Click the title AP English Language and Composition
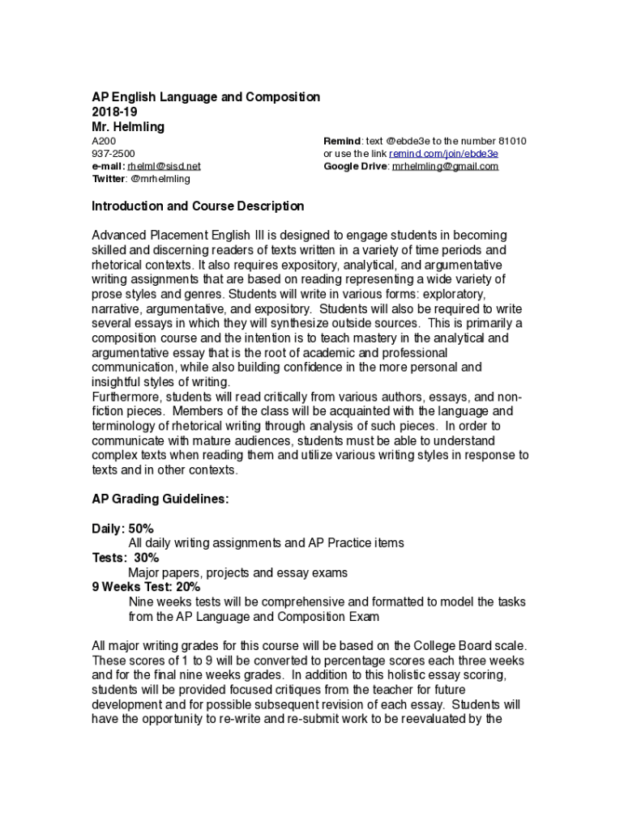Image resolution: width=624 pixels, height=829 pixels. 206,97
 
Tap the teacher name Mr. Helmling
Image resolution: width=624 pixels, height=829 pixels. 128,127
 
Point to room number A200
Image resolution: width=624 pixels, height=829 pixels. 104,141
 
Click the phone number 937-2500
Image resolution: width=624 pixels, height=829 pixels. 113,154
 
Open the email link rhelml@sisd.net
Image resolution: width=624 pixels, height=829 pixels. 164,167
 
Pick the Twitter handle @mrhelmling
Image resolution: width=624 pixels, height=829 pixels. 160,179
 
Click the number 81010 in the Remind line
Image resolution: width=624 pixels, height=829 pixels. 511,141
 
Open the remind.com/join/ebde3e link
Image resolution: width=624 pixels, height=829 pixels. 444,154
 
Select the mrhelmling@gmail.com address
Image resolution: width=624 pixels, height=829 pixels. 446,167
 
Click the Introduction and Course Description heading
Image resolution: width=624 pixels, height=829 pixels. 198,206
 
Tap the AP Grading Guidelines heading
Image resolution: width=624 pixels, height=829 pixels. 160,500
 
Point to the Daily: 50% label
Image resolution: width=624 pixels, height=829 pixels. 122,529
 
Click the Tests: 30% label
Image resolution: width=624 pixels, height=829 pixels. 126,558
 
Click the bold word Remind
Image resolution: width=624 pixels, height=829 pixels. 340,141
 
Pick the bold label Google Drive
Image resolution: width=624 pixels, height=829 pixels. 355,167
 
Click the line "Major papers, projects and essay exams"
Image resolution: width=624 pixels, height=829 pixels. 238,572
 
